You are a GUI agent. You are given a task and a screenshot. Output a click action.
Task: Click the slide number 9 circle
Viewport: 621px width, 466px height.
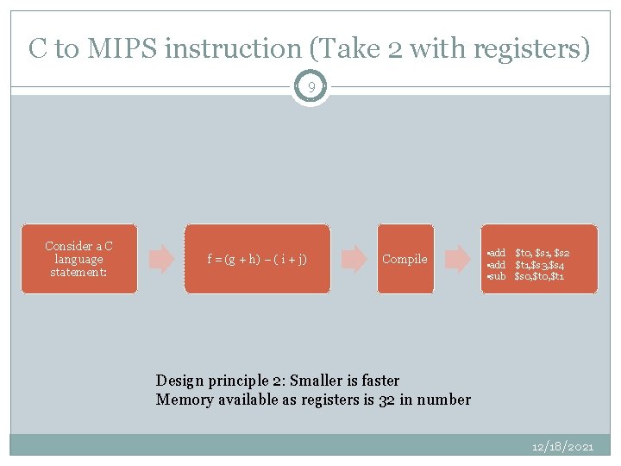[310, 87]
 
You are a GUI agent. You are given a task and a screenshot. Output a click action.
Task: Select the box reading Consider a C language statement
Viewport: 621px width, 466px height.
[78, 259]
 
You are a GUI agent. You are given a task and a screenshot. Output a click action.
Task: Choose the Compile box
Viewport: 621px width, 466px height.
[405, 259]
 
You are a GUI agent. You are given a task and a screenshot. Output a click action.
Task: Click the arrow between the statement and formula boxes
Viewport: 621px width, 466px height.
[161, 259]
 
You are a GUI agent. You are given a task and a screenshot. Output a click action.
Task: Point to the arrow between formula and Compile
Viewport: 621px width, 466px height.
[354, 259]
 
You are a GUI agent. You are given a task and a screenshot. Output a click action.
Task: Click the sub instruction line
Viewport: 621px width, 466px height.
[526, 276]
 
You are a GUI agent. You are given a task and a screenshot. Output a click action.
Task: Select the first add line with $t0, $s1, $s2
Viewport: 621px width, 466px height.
[529, 252]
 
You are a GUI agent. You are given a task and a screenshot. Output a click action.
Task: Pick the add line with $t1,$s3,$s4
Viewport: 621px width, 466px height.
[528, 264]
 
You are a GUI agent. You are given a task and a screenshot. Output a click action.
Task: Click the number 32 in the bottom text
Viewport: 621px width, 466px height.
[387, 400]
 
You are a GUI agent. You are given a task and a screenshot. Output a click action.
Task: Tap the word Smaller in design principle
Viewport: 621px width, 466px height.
[320, 381]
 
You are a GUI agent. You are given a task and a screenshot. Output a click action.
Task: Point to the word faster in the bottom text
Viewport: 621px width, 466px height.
[379, 381]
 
